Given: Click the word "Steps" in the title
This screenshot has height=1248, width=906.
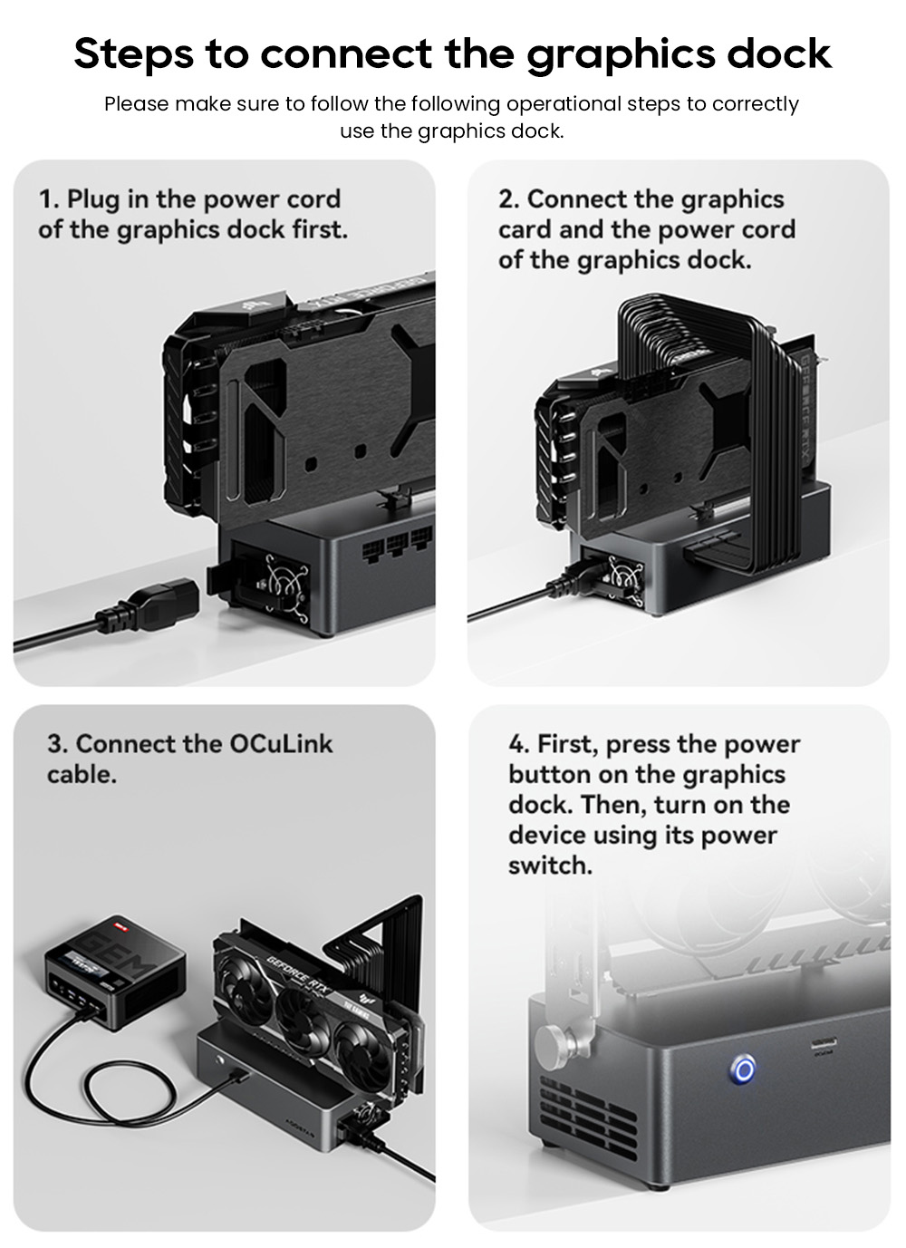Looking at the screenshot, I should (133, 53).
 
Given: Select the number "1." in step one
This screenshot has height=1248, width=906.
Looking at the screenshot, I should (49, 199).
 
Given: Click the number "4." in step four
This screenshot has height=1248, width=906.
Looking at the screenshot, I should (519, 745).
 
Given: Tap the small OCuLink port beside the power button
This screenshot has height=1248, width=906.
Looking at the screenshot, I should (823, 1044).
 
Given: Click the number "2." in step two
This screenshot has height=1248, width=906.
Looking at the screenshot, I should (509, 199).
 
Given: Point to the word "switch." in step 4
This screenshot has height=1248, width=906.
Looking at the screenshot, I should (550, 866).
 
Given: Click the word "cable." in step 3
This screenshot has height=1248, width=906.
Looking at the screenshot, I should (82, 775).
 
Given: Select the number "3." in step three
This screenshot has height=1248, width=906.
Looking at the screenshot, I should (58, 745).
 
